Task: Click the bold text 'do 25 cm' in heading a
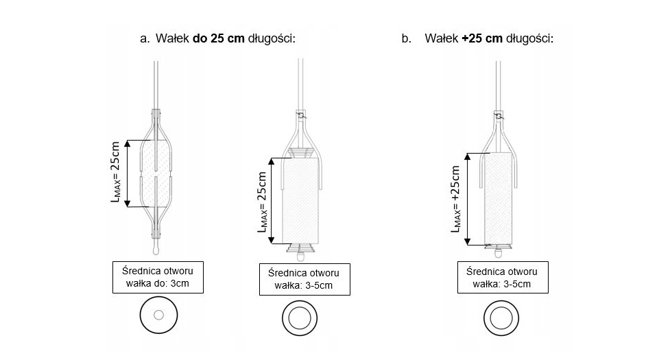pyautogui.click(x=219, y=38)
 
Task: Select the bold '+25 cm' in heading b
pyautogui.click(x=482, y=38)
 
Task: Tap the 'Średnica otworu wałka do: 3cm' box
pyautogui.click(x=158, y=278)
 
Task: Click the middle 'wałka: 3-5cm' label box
pyautogui.click(x=304, y=279)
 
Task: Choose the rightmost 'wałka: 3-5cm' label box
pyautogui.click(x=503, y=278)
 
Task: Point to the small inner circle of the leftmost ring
pyautogui.click(x=158, y=315)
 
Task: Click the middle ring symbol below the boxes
pyautogui.click(x=300, y=318)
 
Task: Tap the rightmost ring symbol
pyautogui.click(x=501, y=318)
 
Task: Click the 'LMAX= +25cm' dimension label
pyautogui.click(x=456, y=199)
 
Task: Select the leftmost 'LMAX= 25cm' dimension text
pyautogui.click(x=115, y=171)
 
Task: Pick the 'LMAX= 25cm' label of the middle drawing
pyautogui.click(x=263, y=202)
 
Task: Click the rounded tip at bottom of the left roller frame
pyautogui.click(x=156, y=249)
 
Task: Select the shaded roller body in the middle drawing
pyautogui.click(x=300, y=200)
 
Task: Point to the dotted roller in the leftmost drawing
pyautogui.click(x=156, y=173)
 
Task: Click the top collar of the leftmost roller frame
pyautogui.click(x=157, y=115)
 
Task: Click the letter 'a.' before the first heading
pyautogui.click(x=145, y=39)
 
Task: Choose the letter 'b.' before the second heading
pyautogui.click(x=407, y=39)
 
